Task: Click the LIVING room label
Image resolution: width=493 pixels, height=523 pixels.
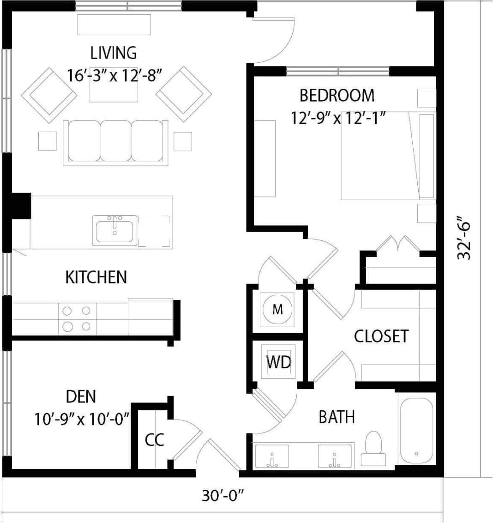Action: pos(114,53)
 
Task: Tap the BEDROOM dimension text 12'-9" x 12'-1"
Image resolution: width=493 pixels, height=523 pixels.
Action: pos(338,118)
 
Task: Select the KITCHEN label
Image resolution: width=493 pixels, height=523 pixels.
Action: pos(96,277)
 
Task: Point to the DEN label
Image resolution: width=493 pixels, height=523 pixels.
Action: pos(81,396)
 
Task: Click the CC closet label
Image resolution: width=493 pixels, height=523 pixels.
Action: pos(154,440)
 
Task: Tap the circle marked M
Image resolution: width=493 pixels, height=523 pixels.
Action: pos(277,310)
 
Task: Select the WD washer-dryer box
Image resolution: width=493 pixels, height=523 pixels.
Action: pos(279,362)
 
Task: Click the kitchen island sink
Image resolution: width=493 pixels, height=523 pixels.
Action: pos(114,230)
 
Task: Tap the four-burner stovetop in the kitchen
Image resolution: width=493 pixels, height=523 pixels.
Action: pos(77,318)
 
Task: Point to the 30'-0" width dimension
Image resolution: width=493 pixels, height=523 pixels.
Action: pos(222,495)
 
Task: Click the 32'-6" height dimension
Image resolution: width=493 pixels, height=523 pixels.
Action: pos(464,238)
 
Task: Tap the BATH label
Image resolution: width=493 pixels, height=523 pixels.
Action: pos(337,417)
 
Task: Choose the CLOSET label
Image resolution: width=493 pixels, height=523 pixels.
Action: pos(381,336)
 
